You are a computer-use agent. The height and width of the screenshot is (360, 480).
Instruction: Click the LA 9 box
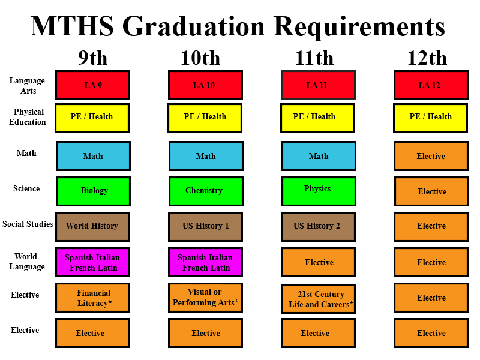coord(93,85)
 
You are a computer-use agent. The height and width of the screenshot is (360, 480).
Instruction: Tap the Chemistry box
coord(206,191)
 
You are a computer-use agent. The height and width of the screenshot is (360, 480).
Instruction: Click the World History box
coord(92,226)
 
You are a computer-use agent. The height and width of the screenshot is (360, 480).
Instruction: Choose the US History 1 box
coord(205,226)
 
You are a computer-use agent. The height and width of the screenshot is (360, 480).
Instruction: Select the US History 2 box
coord(318,226)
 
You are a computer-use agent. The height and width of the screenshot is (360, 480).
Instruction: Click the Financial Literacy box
coord(93,298)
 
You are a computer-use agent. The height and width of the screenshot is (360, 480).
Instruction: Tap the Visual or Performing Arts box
coord(205,298)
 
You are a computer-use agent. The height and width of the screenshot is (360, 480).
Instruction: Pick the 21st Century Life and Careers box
coord(318,299)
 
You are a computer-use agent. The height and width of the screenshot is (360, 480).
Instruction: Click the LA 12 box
coord(431,85)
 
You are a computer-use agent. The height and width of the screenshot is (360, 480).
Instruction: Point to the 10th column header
coord(200,58)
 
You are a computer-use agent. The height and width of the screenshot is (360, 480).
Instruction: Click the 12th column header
coord(427,58)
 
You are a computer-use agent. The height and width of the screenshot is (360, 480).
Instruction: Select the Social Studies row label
coord(28,224)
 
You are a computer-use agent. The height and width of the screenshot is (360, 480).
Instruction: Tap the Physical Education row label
coord(28,117)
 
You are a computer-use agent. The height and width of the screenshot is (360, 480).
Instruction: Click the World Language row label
coord(27,262)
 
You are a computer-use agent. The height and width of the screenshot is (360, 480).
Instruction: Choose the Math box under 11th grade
coord(319,156)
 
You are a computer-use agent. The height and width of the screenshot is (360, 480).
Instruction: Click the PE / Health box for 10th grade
coord(205,118)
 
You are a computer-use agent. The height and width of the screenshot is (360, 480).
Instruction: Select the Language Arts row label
coord(27,86)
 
